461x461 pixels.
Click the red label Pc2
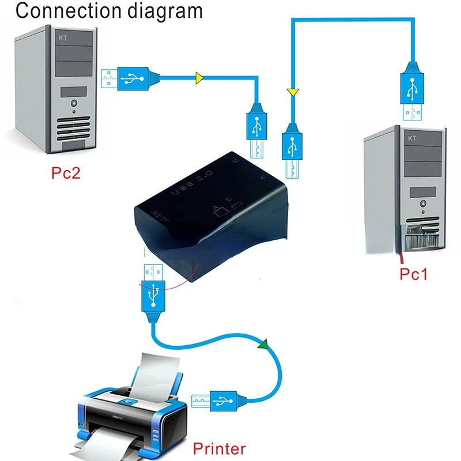click(65, 173)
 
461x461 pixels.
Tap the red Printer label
click(219, 448)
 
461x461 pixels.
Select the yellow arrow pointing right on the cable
click(199, 77)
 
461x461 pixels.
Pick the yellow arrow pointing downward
click(292, 92)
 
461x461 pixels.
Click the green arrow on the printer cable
click(263, 345)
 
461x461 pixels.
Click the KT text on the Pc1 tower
click(411, 138)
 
